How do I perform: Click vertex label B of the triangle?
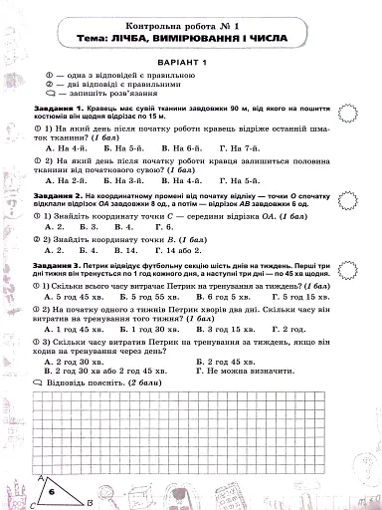click(89, 504)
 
